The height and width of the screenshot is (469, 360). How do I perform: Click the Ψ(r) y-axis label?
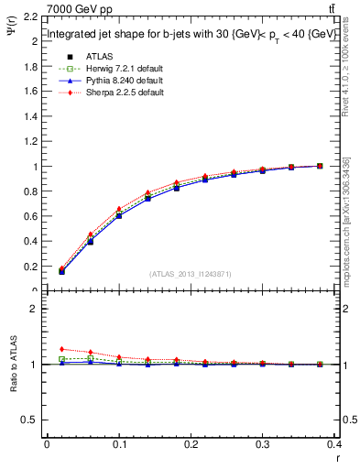tap(13, 38)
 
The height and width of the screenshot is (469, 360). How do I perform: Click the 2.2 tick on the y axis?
tap(29, 17)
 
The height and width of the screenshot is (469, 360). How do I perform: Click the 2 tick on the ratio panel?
tap(34, 309)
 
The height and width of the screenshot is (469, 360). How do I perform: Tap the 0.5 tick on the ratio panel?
tap(29, 420)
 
